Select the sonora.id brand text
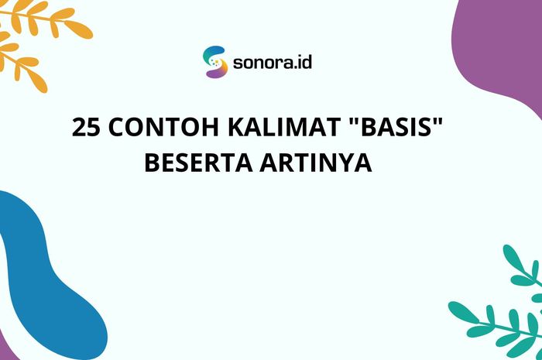272,63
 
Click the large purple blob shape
503,54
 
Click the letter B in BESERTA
153,164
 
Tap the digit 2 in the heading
79,128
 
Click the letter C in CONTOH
115,128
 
